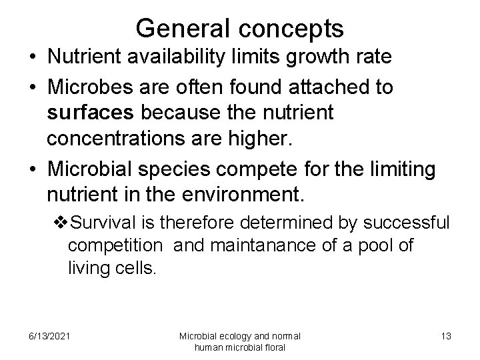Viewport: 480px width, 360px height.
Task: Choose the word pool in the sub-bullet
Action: (378, 245)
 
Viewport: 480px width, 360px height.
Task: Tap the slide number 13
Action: (445, 336)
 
